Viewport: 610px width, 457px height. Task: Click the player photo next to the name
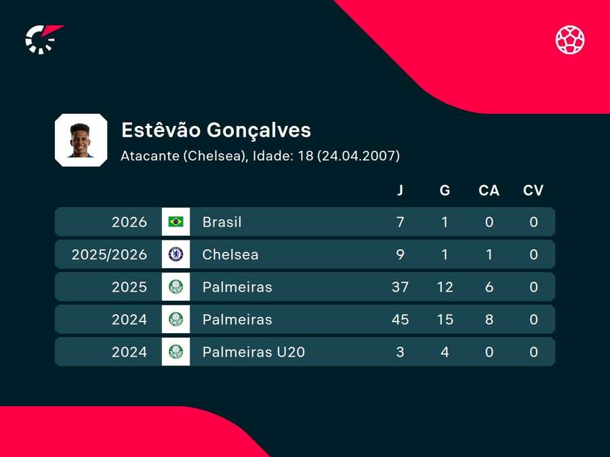(81, 140)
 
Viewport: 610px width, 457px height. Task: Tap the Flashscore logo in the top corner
(44, 39)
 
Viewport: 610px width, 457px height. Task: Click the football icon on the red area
(570, 40)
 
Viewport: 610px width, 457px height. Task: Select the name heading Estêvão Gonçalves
(216, 130)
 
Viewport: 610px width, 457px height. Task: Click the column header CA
(489, 190)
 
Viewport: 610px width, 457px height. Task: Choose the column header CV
(533, 190)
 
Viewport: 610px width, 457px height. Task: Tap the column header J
(400, 190)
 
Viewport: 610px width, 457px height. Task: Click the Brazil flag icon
(176, 221)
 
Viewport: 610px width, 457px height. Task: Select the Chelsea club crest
(176, 254)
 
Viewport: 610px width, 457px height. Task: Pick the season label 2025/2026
(109, 255)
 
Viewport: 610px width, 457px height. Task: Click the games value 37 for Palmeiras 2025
(400, 287)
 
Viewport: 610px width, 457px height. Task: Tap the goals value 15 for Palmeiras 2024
(445, 320)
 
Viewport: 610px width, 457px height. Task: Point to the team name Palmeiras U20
(253, 351)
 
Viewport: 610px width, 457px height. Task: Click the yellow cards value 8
(489, 320)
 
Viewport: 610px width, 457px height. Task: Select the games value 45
(400, 320)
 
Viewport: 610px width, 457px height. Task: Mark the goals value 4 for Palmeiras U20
(445, 351)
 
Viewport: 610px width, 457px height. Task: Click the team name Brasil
(222, 222)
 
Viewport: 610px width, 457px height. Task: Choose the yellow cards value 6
(489, 287)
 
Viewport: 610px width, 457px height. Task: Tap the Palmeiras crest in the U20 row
(176, 351)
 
